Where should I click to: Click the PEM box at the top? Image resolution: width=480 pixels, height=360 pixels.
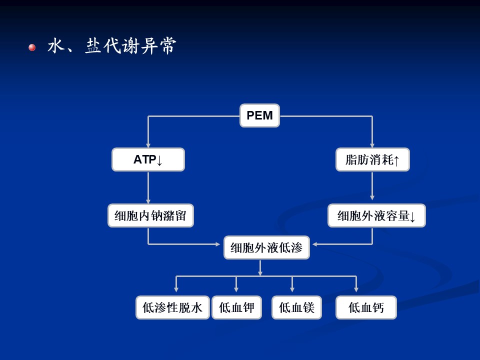click(x=259, y=115)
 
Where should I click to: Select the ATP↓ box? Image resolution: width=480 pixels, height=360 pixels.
click(x=148, y=159)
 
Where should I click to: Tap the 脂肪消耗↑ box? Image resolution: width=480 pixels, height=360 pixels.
click(x=372, y=159)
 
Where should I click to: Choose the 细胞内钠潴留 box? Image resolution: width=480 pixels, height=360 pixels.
click(x=150, y=215)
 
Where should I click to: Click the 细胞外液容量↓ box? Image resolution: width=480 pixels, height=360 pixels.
click(x=376, y=215)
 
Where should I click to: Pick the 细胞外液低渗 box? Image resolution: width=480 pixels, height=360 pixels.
click(x=266, y=247)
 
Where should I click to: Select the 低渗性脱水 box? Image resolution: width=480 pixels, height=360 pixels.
click(x=172, y=307)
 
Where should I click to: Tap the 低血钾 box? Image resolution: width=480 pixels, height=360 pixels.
click(x=236, y=307)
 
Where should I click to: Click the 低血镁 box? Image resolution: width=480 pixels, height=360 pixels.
click(x=296, y=307)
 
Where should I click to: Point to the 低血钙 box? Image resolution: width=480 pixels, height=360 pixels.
click(x=366, y=307)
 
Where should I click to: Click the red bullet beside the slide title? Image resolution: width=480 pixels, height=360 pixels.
click(x=32, y=47)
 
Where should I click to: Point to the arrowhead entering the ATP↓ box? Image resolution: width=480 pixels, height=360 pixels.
click(x=148, y=145)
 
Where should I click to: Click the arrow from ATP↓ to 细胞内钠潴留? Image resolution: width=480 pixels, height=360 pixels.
click(x=148, y=187)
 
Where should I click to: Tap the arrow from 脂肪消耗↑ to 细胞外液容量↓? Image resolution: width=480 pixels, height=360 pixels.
click(x=372, y=185)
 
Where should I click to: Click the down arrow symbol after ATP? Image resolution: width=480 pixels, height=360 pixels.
click(x=159, y=160)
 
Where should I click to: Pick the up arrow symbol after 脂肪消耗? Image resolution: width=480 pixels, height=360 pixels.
click(x=396, y=160)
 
